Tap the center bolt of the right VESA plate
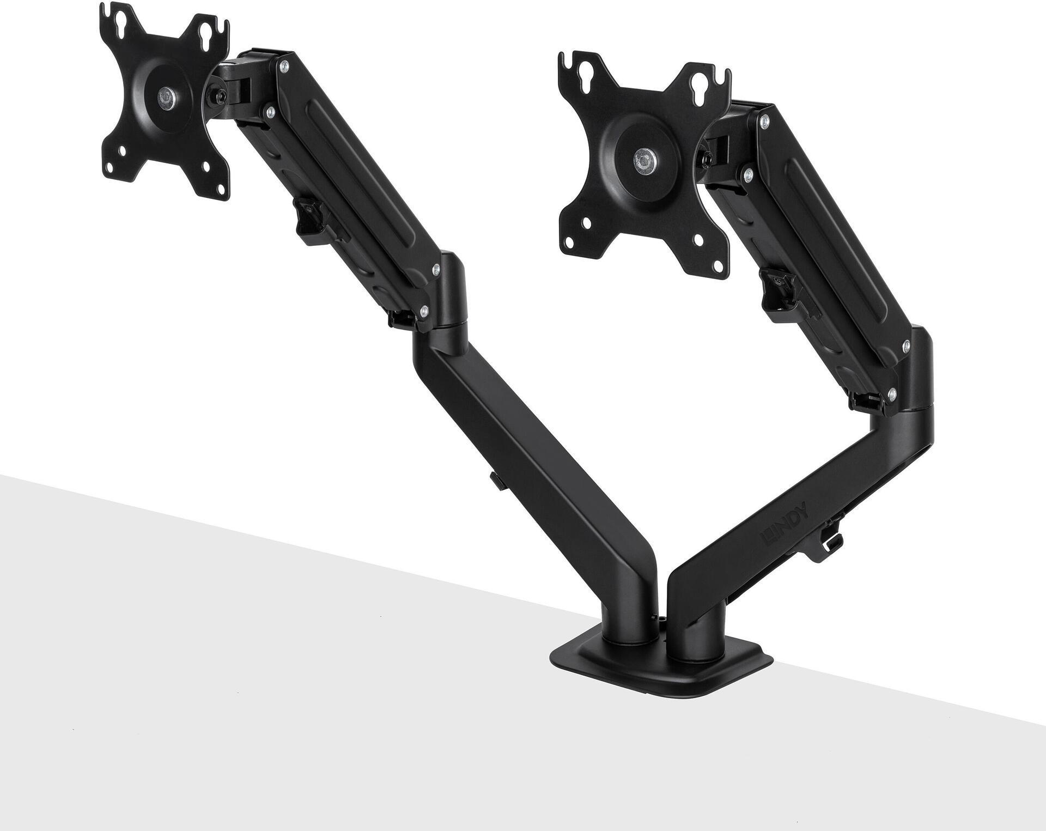point(644,159)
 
